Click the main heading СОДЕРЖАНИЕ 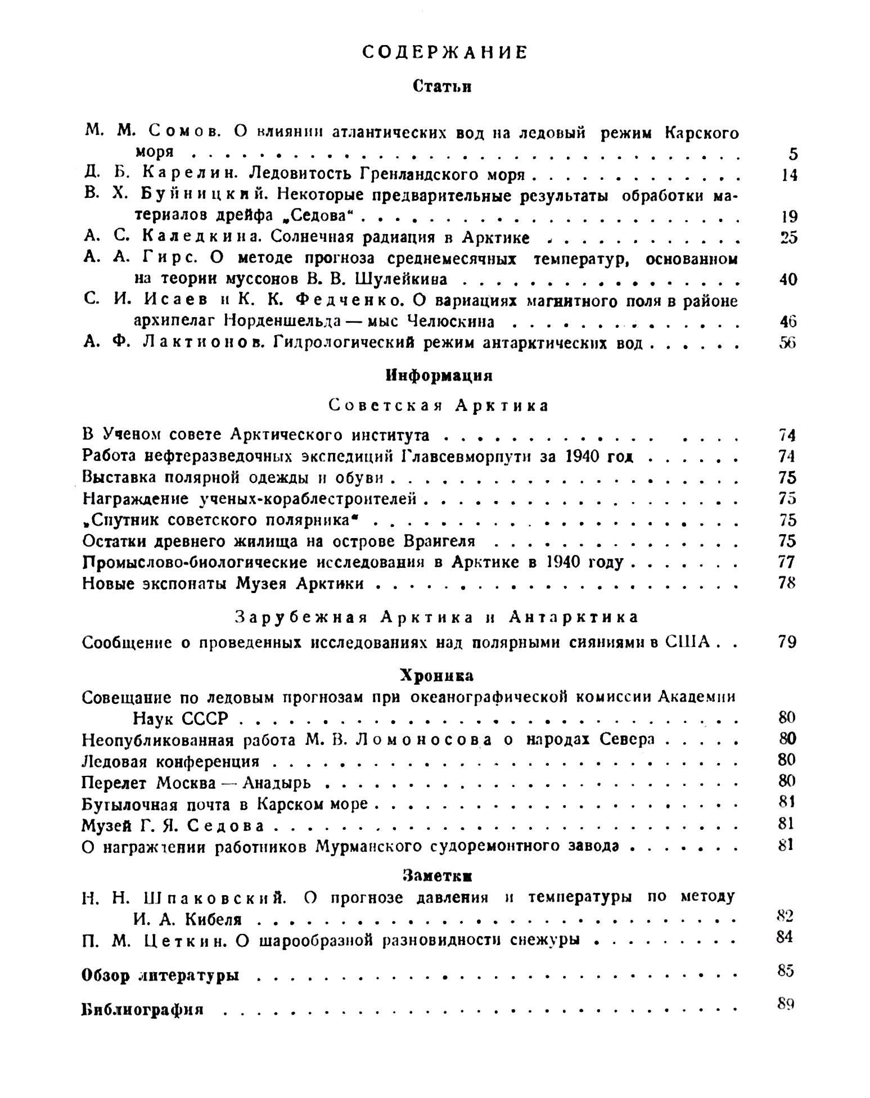pyautogui.click(x=444, y=52)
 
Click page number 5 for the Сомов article pyautogui.click(x=793, y=153)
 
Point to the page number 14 pyautogui.click(x=789, y=175)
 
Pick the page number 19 pyautogui.click(x=789, y=216)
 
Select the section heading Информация pyautogui.click(x=439, y=376)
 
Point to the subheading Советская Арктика pyautogui.click(x=438, y=405)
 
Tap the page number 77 pyautogui.click(x=787, y=562)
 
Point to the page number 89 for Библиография pyautogui.click(x=785, y=1003)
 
